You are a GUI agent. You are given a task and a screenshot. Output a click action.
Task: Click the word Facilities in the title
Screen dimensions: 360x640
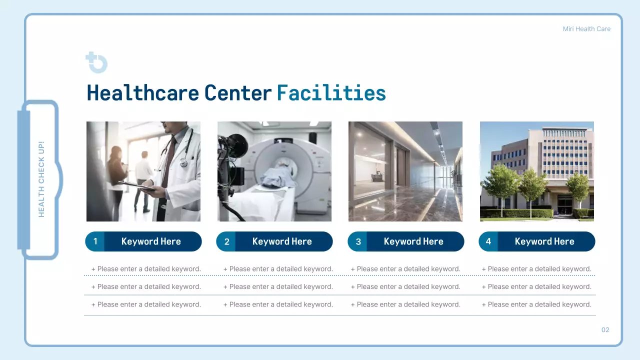point(331,93)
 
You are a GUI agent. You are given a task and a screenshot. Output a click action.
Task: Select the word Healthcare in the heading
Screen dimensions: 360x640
point(143,93)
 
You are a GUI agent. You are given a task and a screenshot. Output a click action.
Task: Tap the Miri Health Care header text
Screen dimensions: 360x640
point(586,29)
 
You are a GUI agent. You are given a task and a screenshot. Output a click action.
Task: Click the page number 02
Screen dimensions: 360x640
point(605,330)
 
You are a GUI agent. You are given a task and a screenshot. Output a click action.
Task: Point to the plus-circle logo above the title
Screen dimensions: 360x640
point(96,62)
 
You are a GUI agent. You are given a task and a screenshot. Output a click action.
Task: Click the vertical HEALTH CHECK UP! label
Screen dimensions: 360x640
point(41,179)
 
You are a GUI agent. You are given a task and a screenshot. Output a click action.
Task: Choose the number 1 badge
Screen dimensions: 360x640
point(95,241)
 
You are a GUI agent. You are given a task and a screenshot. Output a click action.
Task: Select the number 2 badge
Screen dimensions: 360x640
point(226,241)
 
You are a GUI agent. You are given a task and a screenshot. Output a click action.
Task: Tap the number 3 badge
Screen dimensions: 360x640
point(358,241)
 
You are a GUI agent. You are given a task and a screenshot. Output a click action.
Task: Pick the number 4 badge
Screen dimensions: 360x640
point(488,241)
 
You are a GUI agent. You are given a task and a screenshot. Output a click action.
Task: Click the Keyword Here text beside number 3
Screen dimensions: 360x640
point(413,241)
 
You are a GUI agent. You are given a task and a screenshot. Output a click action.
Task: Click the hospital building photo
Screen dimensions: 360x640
point(536,171)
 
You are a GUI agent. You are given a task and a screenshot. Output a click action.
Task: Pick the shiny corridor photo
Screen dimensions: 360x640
point(405,171)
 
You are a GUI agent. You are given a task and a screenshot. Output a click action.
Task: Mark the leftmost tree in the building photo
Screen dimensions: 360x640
point(500,185)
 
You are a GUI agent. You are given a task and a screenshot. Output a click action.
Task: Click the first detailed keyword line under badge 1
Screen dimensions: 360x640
point(146,269)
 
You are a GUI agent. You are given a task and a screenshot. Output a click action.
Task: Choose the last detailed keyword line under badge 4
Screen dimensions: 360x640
point(536,304)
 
